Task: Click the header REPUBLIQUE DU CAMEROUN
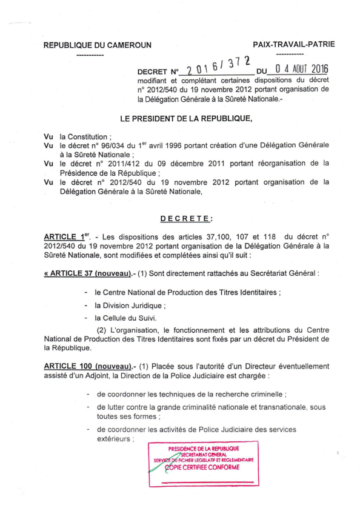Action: pos(97,45)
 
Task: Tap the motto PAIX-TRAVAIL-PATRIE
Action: pos(293,44)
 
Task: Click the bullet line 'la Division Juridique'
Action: pos(130,306)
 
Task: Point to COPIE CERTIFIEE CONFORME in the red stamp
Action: pos(204,467)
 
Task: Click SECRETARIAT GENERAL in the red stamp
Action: pos(204,454)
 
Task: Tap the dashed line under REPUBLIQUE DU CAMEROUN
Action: pos(91,55)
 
